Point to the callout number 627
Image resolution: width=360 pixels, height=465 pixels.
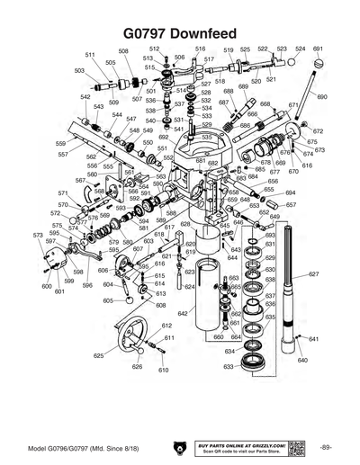[313, 273]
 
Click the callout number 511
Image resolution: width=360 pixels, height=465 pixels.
[90, 55]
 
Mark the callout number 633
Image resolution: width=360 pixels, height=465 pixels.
[229, 367]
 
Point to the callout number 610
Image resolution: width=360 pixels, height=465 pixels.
[163, 370]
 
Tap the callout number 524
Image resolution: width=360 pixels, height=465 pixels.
[300, 49]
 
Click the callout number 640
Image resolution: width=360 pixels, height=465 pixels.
[302, 360]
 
